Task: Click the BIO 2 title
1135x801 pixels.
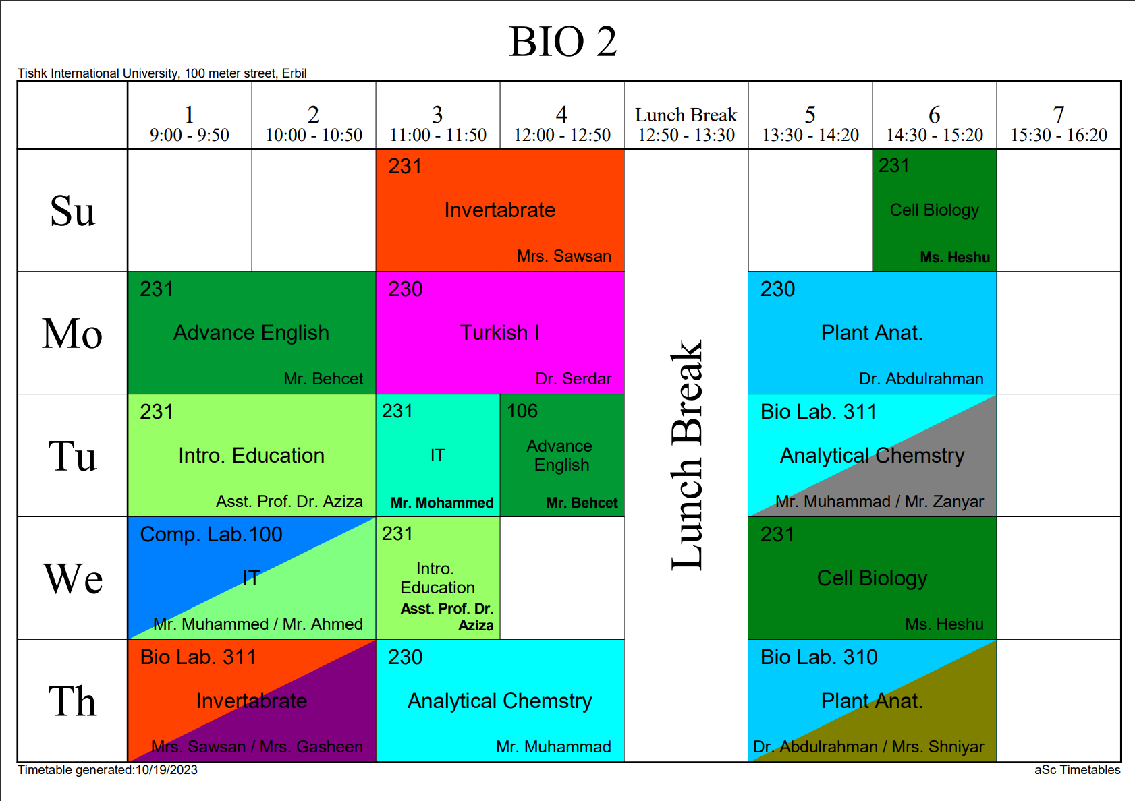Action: coord(563,42)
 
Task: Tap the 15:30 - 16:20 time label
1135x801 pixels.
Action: coord(1058,135)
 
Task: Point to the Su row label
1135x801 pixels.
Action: coord(72,210)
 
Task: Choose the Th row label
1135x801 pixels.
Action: coord(72,701)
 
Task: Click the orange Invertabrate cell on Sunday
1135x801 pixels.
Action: coord(499,210)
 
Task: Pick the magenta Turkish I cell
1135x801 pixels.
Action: coord(499,333)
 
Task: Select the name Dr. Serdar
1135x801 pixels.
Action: coord(573,379)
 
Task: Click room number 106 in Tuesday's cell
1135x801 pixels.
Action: coord(522,411)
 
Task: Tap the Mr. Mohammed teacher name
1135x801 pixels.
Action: coord(442,503)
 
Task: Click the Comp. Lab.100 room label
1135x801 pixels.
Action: coord(211,535)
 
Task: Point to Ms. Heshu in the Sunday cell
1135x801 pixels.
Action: coord(954,258)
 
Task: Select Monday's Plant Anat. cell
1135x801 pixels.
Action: coord(871,333)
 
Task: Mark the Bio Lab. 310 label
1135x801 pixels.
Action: coord(819,657)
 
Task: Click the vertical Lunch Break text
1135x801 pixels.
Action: coord(687,455)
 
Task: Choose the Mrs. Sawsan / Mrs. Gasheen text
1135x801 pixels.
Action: coord(256,747)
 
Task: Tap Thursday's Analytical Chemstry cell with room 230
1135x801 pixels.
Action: coord(499,701)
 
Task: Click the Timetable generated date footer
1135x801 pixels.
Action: coord(107,770)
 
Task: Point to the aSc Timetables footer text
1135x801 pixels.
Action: coord(1077,770)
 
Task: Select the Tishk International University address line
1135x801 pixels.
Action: coord(162,73)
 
